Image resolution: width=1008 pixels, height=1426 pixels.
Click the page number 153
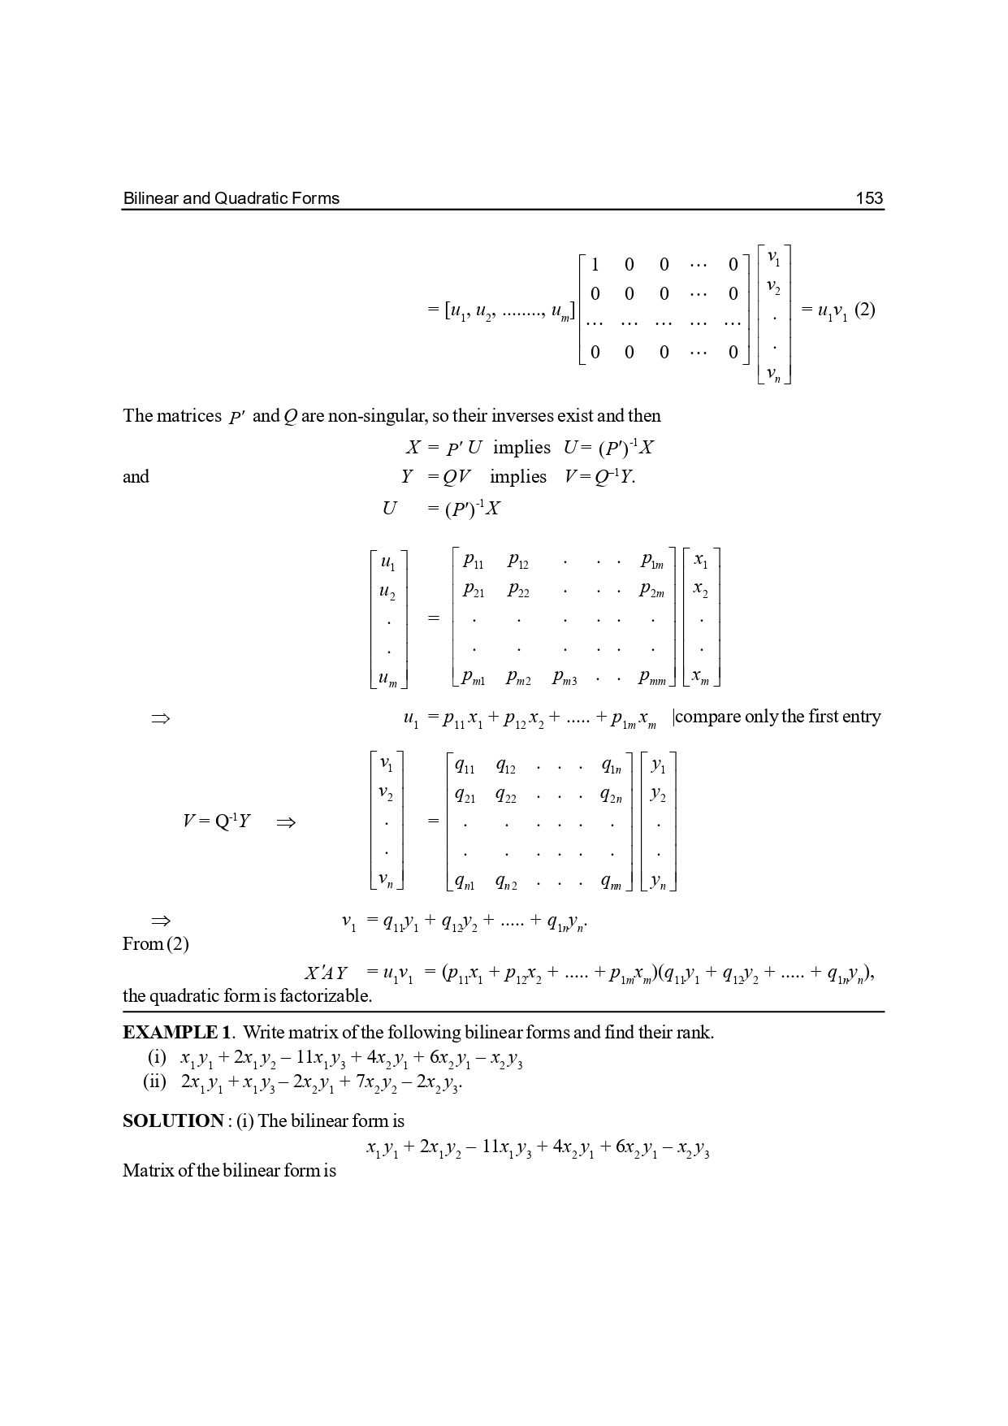pyautogui.click(x=869, y=198)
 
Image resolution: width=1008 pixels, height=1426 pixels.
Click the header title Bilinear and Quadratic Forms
pyautogui.click(x=231, y=198)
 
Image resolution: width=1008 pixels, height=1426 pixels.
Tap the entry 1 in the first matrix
pyautogui.click(x=595, y=264)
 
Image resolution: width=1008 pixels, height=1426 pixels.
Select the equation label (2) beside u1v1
pyautogui.click(x=864, y=310)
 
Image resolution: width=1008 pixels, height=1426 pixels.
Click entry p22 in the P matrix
pyautogui.click(x=518, y=591)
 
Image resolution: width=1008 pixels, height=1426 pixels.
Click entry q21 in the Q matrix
pyautogui.click(x=465, y=796)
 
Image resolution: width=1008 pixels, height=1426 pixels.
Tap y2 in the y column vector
pyautogui.click(x=658, y=796)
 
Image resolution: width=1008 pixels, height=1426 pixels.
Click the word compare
pyautogui.click(x=708, y=717)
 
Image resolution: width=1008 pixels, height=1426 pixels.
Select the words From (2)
pyautogui.click(x=156, y=944)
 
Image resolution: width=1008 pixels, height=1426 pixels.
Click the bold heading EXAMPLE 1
pyautogui.click(x=177, y=1033)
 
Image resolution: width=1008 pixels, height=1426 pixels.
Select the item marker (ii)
pyautogui.click(x=154, y=1082)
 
